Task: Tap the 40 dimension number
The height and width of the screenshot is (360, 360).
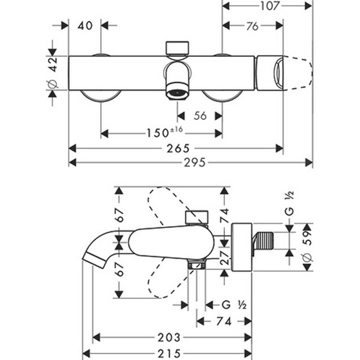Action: tap(85, 26)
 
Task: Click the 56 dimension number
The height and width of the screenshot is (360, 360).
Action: tap(200, 116)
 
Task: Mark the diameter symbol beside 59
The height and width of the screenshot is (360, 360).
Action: tap(305, 257)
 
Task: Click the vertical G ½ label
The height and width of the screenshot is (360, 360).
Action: tap(289, 205)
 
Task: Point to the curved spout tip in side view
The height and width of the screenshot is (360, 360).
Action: tap(90, 259)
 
